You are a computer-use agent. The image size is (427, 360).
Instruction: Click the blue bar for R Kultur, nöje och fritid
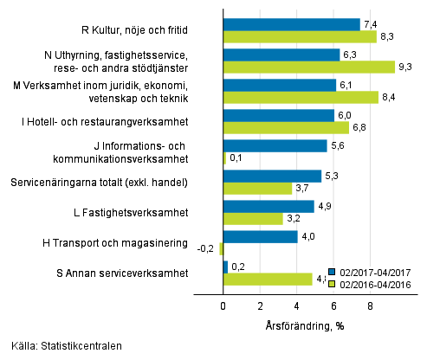(x=291, y=24)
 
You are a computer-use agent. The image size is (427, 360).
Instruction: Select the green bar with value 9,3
(x=308, y=67)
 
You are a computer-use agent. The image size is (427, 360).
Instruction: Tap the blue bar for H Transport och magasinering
(x=260, y=236)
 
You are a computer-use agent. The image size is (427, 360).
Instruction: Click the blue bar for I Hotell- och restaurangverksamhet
(x=278, y=115)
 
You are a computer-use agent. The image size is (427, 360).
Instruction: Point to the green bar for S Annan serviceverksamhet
(x=267, y=279)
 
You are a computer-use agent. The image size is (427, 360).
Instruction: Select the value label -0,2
(x=208, y=249)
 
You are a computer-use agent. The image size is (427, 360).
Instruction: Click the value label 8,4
(x=389, y=98)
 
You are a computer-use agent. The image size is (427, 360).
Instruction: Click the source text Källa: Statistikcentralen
(x=61, y=346)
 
